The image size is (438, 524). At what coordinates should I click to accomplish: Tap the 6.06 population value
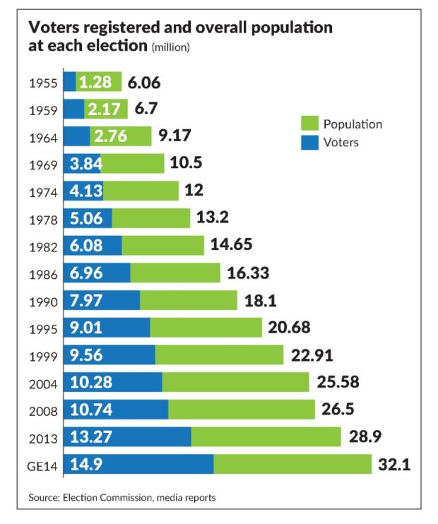tap(144, 83)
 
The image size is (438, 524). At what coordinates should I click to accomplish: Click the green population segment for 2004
tap(235, 383)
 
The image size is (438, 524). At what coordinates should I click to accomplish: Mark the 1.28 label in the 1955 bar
tap(95, 83)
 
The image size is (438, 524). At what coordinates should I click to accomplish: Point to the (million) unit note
tap(171, 47)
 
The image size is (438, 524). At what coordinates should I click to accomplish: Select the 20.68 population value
tap(290, 328)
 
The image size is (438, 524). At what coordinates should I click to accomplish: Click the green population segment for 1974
tap(141, 191)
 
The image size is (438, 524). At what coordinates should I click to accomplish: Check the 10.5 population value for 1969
tap(187, 165)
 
